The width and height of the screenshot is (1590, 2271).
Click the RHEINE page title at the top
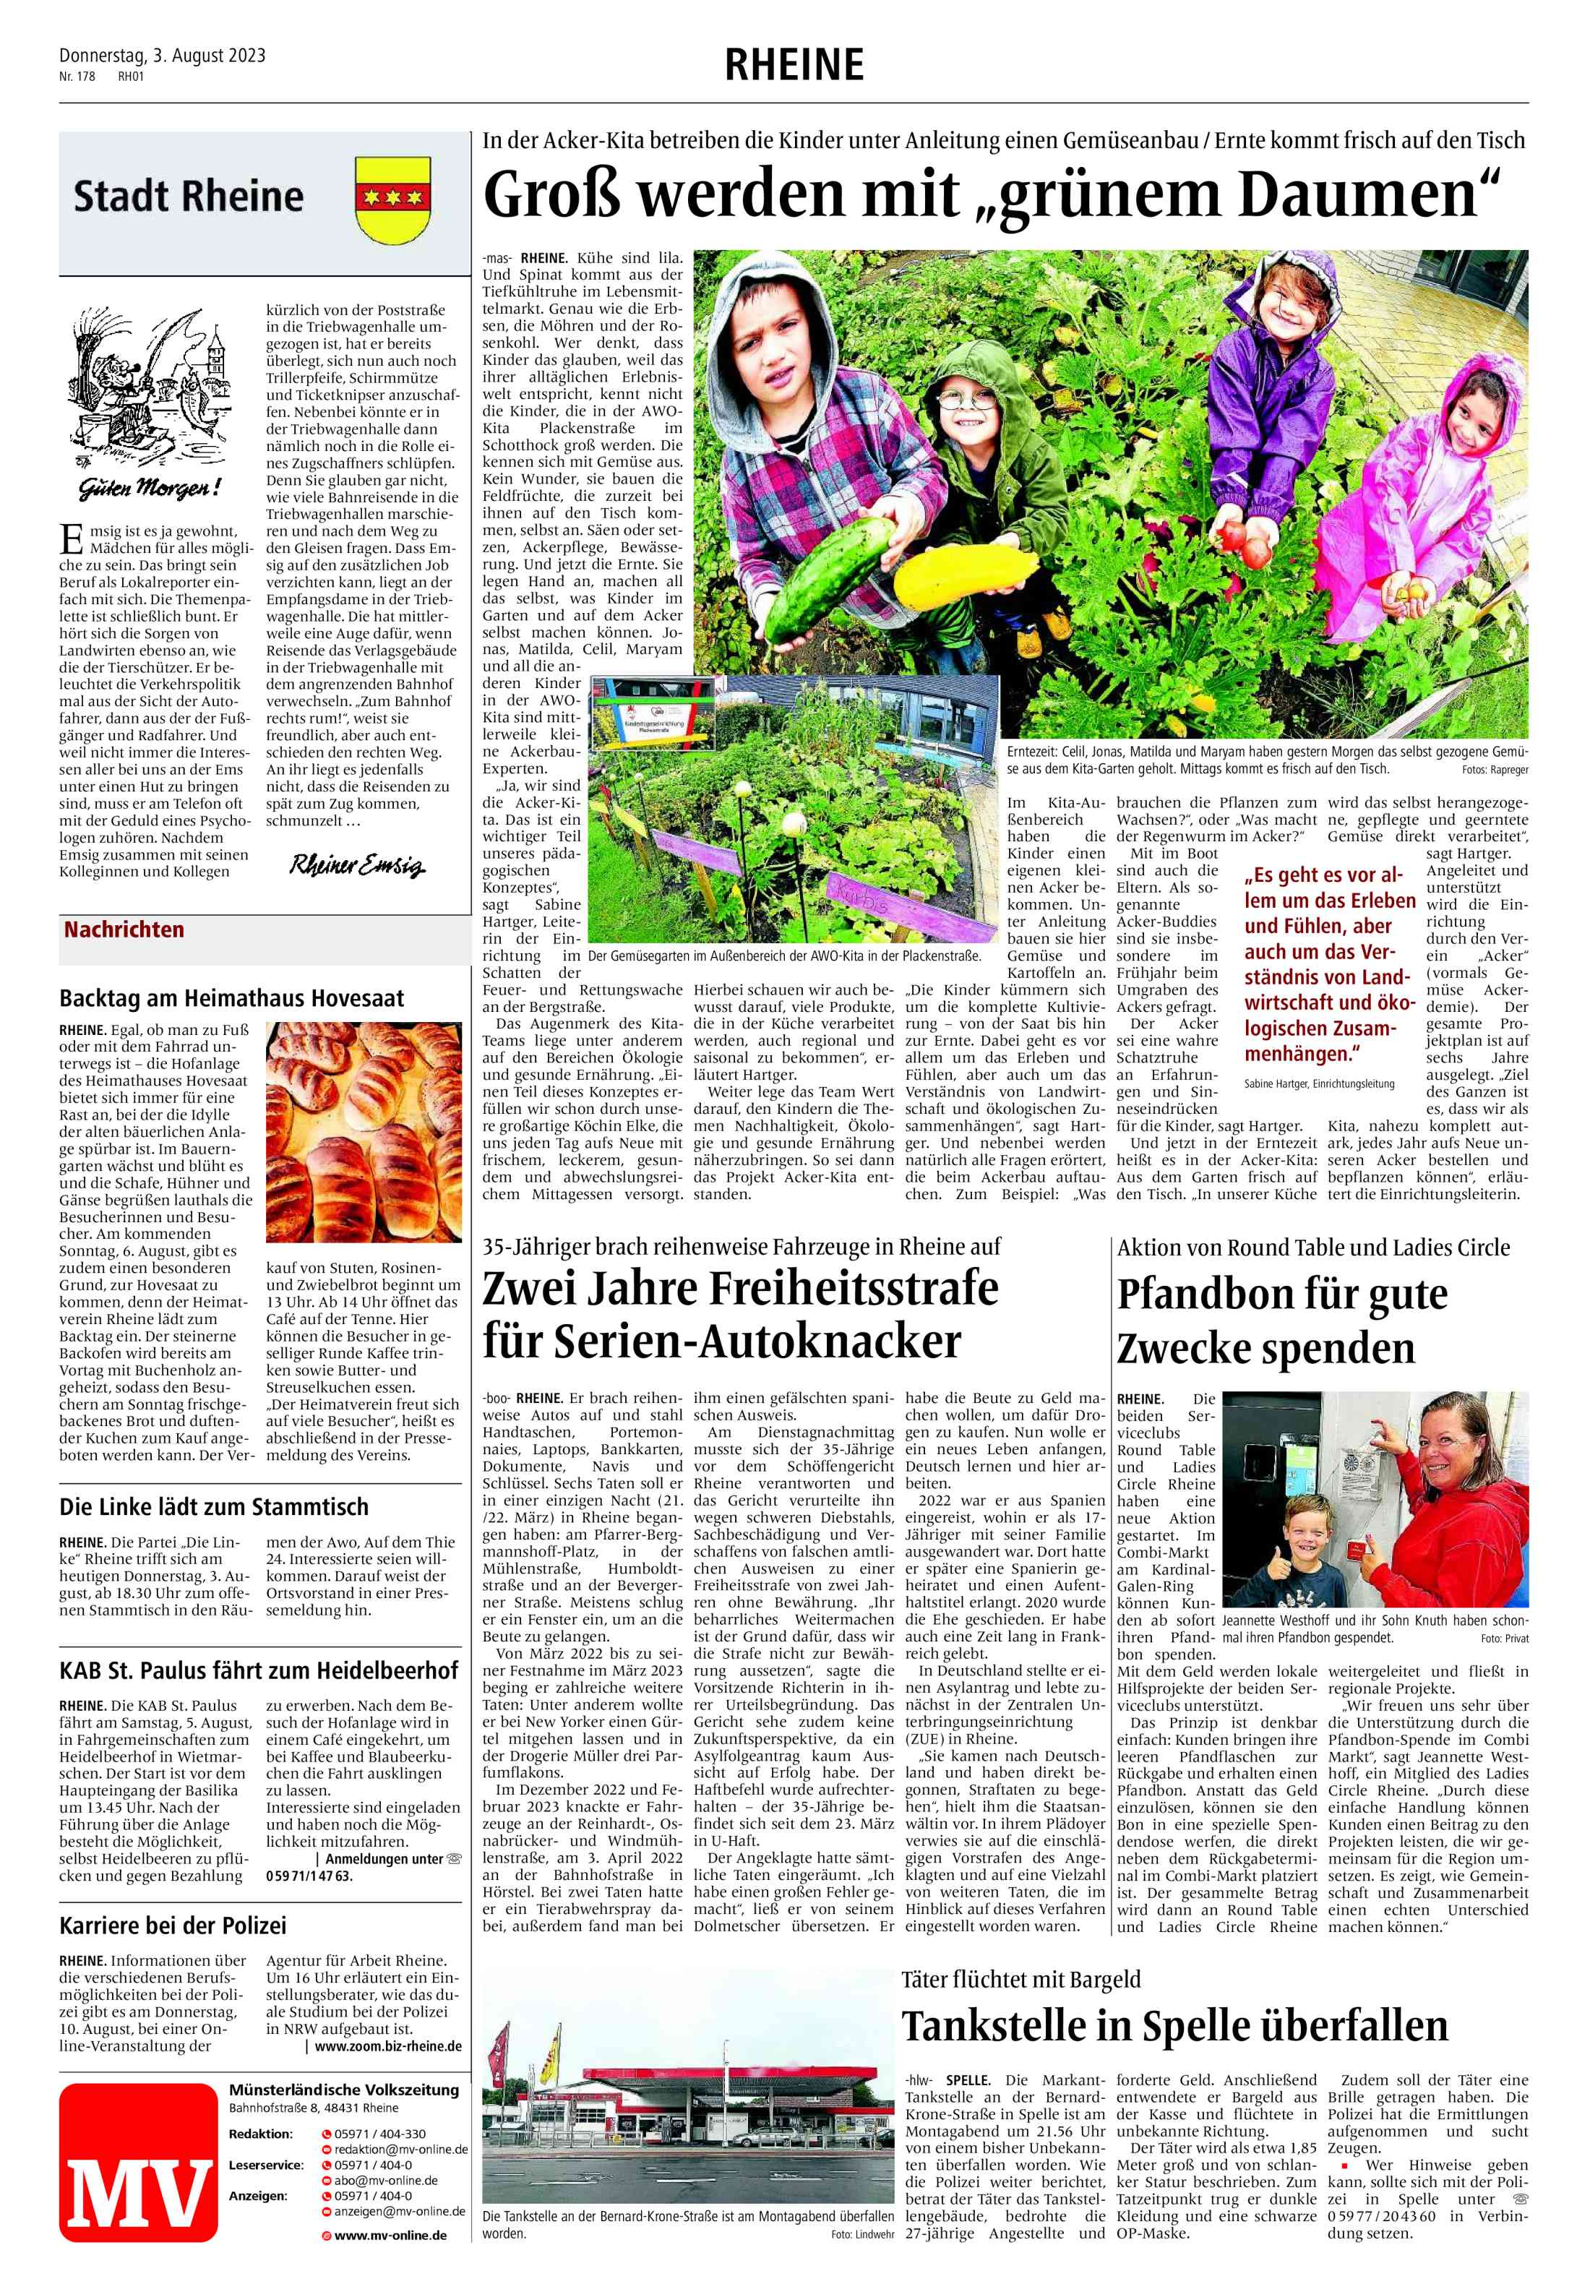pyautogui.click(x=794, y=65)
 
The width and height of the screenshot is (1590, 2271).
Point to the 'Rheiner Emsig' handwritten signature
pyautogui.click(x=357, y=867)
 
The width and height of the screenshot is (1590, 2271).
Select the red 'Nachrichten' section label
pyautogui.click(x=124, y=930)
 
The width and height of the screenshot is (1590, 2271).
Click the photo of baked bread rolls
pyautogui.click(x=363, y=1132)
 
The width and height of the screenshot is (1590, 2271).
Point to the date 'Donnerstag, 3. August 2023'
pyautogui.click(x=162, y=56)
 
